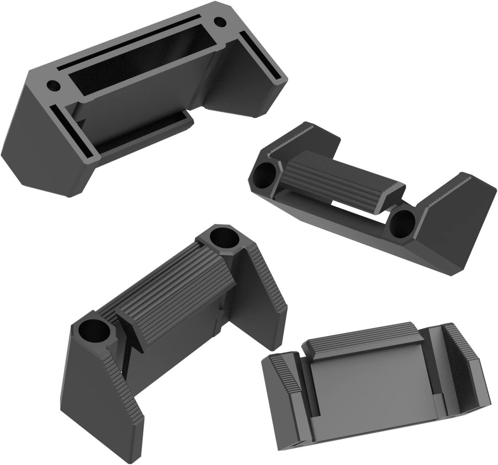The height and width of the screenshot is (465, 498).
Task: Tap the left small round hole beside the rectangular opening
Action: tap(54, 86)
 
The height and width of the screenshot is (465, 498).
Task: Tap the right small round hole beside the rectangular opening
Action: tap(220, 22)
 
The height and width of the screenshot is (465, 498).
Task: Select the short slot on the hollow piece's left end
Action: tap(70, 131)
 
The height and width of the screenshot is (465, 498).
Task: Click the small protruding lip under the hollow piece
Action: tap(144, 134)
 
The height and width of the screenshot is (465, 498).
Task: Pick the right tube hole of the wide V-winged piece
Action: tap(402, 222)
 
